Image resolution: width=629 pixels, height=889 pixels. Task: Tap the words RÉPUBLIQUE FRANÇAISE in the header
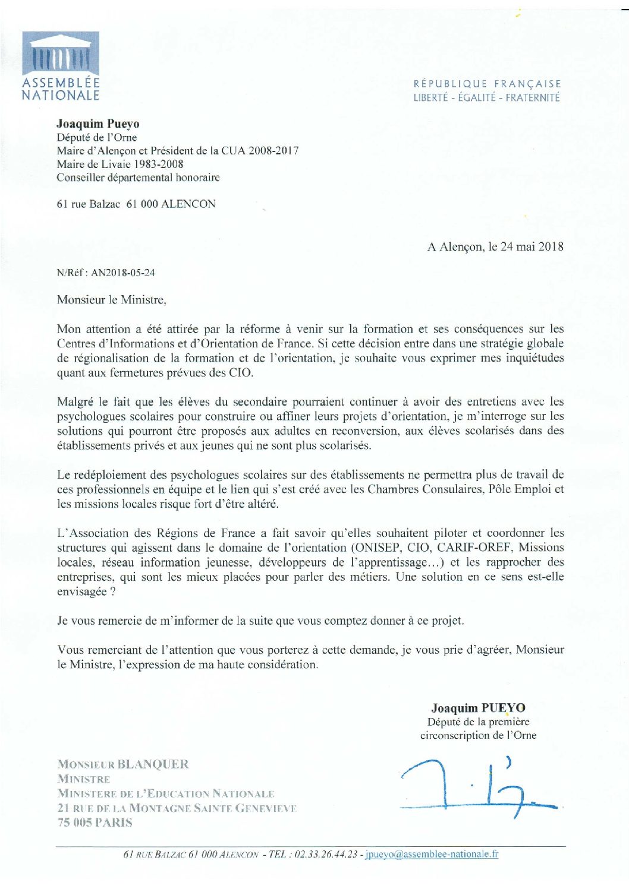click(x=487, y=84)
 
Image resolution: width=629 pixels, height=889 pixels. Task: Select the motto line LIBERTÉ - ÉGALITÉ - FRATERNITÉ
click(x=486, y=97)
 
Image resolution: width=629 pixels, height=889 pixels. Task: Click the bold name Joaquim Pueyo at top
click(x=98, y=124)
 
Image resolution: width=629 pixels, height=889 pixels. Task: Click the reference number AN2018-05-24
click(x=123, y=273)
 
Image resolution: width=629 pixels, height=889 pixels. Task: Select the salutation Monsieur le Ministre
click(x=111, y=300)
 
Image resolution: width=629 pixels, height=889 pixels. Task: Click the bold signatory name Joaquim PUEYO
click(x=478, y=707)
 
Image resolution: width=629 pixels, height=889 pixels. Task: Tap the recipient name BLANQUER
click(x=153, y=764)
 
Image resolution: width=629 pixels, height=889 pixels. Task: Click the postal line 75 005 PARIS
click(x=95, y=822)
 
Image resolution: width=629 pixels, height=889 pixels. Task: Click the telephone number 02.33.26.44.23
click(x=326, y=854)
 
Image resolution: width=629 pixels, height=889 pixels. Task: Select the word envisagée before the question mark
click(x=81, y=591)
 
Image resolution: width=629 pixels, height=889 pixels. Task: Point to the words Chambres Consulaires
click(x=425, y=489)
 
